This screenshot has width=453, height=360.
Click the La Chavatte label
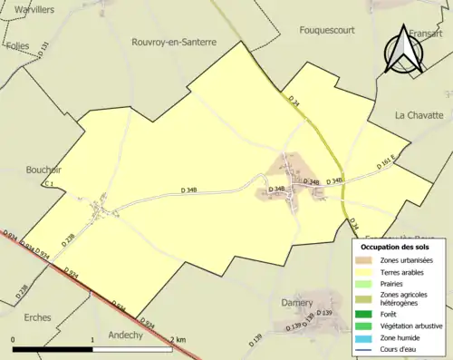(x=418, y=115)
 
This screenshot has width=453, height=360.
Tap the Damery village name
(x=295, y=301)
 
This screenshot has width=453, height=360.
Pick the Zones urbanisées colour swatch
(x=369, y=260)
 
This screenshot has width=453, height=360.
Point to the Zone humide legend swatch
(x=369, y=337)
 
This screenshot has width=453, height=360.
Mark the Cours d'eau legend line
(x=369, y=349)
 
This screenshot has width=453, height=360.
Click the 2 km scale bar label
(x=177, y=339)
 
